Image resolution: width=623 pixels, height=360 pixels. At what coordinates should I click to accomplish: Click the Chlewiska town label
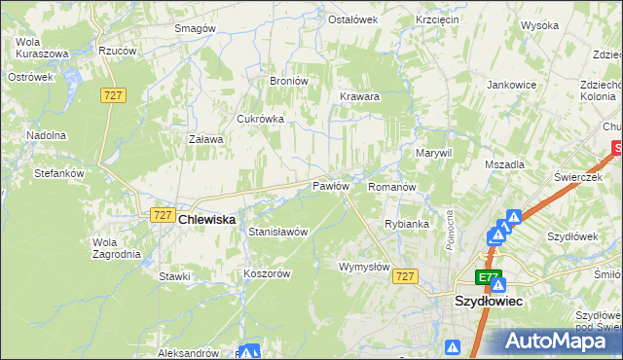coord(207,220)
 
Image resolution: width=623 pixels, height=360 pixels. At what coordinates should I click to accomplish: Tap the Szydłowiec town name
coord(489,302)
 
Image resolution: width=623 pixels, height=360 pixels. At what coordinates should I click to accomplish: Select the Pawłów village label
coord(330,185)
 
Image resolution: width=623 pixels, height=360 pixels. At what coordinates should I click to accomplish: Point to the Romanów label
coord(392,186)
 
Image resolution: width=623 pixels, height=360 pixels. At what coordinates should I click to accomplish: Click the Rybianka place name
coord(407,224)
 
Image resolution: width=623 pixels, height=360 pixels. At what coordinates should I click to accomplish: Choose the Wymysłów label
coord(364,267)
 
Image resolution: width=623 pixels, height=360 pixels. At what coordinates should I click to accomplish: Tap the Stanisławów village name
coord(278,233)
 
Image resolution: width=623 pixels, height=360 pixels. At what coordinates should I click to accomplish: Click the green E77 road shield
coord(489,276)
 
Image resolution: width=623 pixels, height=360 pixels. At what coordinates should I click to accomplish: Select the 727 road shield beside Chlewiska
coord(163,216)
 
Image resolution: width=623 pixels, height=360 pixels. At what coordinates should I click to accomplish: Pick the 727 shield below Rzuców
coord(112,93)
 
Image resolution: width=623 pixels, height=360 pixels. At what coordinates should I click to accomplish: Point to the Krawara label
coord(359,97)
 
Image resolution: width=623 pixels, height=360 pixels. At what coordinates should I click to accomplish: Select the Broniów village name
coord(288,81)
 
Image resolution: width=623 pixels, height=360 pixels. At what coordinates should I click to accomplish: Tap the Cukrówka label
coord(260,119)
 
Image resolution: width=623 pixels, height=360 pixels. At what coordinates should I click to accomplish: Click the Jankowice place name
coord(512,85)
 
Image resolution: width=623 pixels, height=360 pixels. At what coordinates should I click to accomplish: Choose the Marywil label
coord(434,154)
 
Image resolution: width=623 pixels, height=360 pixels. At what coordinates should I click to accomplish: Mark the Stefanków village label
coord(60,174)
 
